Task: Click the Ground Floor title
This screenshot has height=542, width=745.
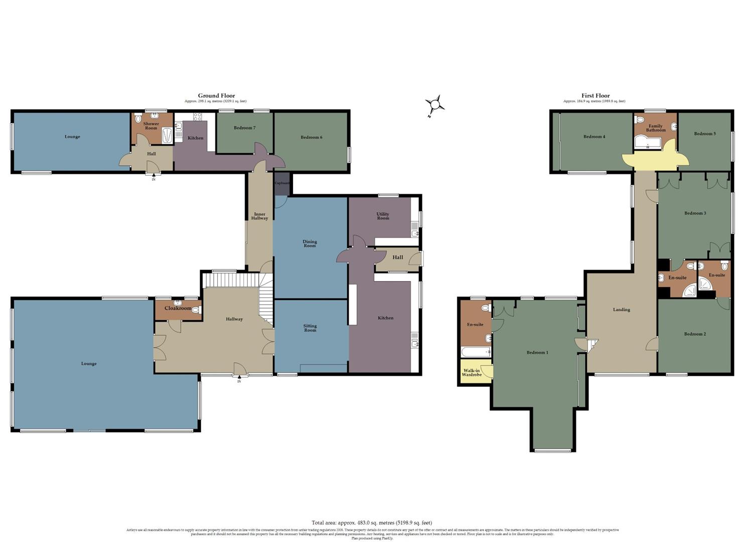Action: click(216, 95)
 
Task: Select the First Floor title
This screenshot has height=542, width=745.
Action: click(595, 95)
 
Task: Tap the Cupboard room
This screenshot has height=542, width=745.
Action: click(282, 183)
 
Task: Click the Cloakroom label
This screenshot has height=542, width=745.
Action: click(178, 308)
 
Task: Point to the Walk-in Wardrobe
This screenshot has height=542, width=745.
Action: click(472, 373)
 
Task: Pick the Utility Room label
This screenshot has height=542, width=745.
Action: click(383, 216)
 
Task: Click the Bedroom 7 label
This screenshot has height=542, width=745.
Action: click(244, 128)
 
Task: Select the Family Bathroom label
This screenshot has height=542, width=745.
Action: click(656, 128)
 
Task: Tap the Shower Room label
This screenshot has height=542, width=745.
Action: click(151, 125)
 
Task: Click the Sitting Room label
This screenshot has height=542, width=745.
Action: click(310, 328)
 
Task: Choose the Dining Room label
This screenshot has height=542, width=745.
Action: click(310, 243)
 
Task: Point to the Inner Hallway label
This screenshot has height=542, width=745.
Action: click(259, 216)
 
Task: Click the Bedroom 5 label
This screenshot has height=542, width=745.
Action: click(705, 133)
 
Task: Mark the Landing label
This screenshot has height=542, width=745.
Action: click(621, 310)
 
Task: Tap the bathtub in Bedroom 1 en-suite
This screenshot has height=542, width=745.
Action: click(476, 352)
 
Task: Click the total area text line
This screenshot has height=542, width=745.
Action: click(371, 522)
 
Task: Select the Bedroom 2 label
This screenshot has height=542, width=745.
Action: click(694, 334)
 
